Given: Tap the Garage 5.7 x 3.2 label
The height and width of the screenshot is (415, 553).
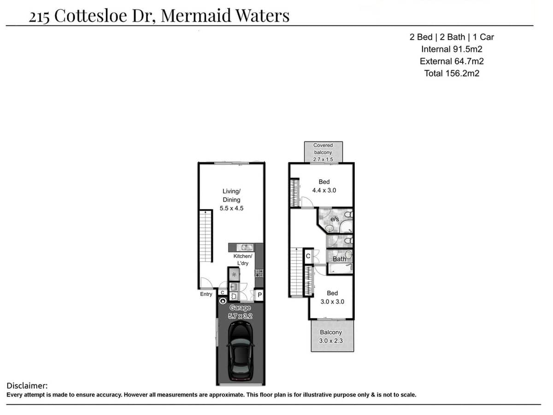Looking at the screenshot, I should click(240, 312).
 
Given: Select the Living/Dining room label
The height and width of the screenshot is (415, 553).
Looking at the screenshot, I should click(231, 199).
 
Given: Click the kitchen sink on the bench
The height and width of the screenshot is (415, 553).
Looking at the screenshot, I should click(246, 248).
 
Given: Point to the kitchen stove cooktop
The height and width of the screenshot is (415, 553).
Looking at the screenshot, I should click(259, 273).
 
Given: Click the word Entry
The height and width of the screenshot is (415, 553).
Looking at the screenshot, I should click(206, 294).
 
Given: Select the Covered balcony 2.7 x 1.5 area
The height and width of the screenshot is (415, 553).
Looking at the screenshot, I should click(323, 152).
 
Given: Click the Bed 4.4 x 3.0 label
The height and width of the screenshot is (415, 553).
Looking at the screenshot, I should click(324, 186).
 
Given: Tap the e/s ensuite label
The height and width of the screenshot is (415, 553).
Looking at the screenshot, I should click(335, 219).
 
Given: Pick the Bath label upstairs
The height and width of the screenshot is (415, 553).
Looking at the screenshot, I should click(339, 259).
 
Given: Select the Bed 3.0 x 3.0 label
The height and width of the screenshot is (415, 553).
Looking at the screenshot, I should click(332, 297).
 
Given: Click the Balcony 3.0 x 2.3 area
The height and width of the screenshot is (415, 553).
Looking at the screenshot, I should click(331, 337).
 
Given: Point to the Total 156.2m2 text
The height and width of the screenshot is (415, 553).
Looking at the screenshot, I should click(452, 73).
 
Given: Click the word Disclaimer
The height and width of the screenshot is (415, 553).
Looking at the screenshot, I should click(27, 385).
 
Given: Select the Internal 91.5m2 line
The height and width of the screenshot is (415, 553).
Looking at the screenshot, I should click(452, 49).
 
